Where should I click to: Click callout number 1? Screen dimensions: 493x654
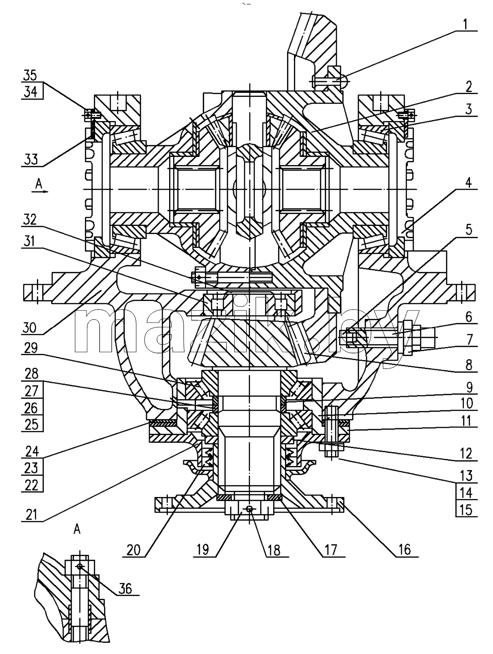[466, 24]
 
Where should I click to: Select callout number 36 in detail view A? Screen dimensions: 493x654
[125, 589]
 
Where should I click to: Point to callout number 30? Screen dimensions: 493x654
[30, 328]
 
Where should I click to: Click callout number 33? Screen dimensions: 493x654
[31, 159]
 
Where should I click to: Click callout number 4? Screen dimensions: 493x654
[468, 183]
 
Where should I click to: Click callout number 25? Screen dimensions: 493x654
[31, 424]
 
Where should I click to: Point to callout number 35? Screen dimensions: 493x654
[30, 75]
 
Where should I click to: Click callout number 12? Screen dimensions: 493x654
[466, 454]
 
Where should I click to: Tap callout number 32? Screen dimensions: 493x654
[30, 219]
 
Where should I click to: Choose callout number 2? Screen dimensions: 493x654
[469, 87]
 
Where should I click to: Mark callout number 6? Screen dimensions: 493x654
[469, 317]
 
